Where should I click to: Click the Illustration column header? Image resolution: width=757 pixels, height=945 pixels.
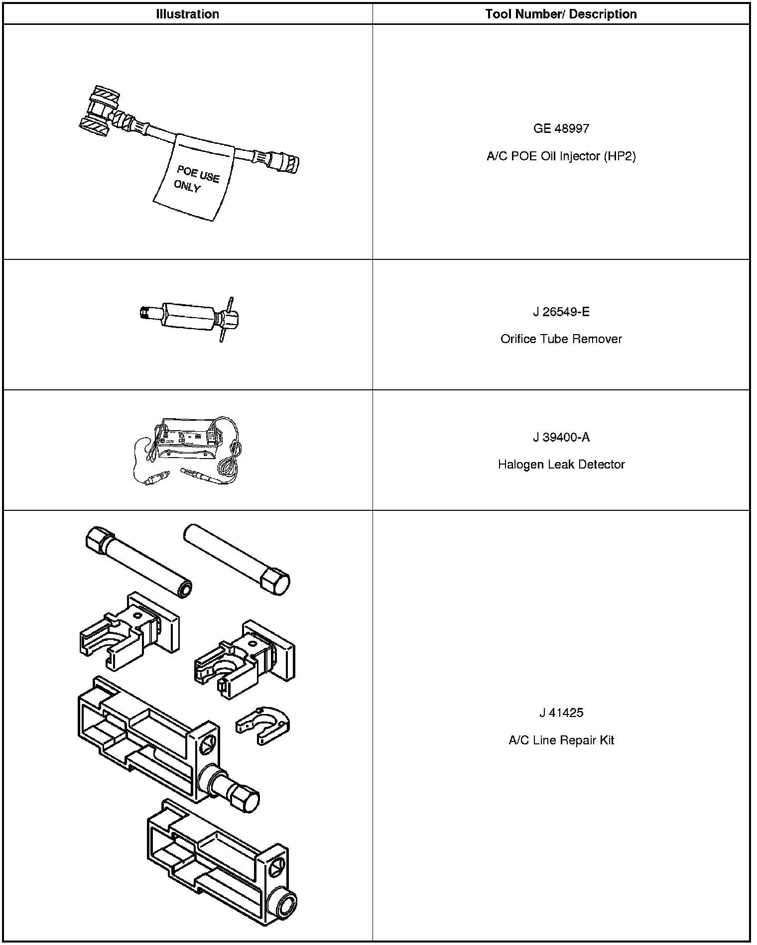click(187, 14)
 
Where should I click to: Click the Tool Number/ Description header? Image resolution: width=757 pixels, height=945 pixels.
click(561, 14)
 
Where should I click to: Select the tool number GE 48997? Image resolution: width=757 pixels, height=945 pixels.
click(561, 128)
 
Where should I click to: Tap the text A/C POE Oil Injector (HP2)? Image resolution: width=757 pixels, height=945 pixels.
click(561, 156)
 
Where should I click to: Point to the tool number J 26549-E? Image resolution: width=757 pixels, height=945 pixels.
click(561, 312)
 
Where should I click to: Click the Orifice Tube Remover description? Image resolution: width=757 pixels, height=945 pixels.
click(561, 339)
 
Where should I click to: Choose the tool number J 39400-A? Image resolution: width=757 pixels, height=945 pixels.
click(561, 437)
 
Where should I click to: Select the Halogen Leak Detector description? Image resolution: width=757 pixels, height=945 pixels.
click(561, 465)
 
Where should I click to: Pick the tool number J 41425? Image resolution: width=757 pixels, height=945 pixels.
click(561, 712)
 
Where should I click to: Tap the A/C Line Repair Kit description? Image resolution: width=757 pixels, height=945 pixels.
click(561, 740)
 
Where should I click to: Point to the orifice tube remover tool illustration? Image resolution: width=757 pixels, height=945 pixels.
click(189, 317)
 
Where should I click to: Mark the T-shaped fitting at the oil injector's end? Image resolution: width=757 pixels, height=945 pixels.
click(99, 112)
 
